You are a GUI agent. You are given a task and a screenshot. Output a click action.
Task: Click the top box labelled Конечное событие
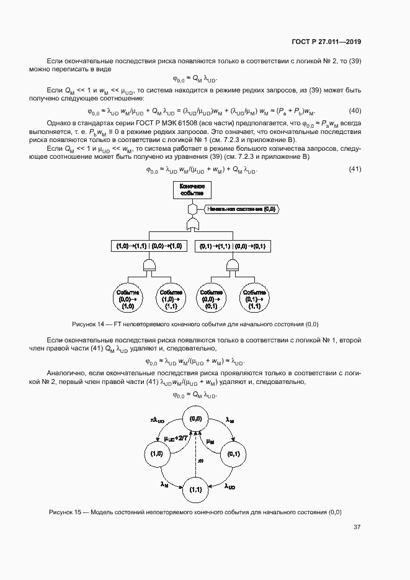click(x=192, y=190)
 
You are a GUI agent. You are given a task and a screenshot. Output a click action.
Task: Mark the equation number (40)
click(x=355, y=111)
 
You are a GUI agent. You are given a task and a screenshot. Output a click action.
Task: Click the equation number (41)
click(x=355, y=169)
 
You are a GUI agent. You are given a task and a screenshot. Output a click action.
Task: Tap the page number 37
click(x=357, y=527)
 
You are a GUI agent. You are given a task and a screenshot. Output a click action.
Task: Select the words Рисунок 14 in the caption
click(x=90, y=324)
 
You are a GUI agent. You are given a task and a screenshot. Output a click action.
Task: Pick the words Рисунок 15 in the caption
click(x=66, y=512)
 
